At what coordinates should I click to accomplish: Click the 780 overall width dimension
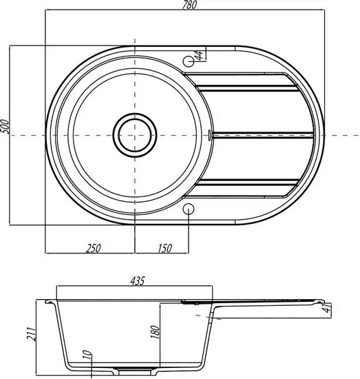189,5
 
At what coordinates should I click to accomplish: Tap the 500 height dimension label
5,126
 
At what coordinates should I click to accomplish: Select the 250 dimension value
93,248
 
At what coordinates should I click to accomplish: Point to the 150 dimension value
165,248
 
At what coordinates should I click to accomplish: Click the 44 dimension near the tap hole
200,55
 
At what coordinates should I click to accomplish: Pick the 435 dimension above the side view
138,281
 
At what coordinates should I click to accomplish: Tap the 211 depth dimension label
32,334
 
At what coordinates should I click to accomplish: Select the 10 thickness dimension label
88,356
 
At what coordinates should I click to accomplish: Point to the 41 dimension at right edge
328,308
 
